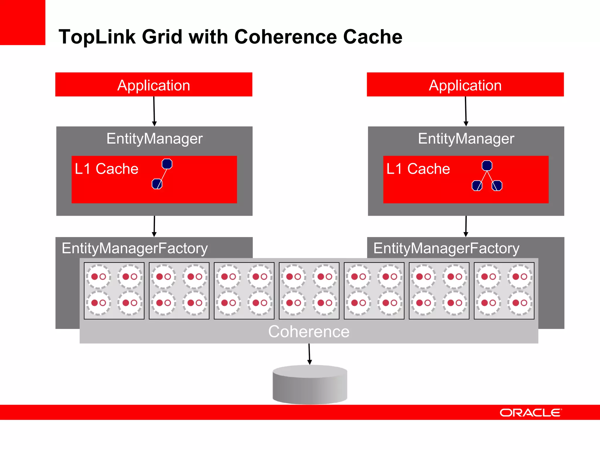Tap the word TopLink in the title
(x=97, y=37)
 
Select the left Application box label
(x=154, y=85)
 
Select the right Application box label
(x=465, y=85)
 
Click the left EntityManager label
(x=154, y=139)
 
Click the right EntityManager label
(x=466, y=139)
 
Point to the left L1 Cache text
(x=106, y=169)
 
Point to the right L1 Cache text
(x=418, y=169)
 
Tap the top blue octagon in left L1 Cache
(x=167, y=164)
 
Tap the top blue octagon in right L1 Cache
(x=487, y=166)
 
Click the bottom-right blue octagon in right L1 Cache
(x=497, y=185)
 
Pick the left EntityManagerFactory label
(x=135, y=248)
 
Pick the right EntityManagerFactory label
(x=446, y=248)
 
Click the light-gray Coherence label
(x=309, y=332)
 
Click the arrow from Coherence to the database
(x=309, y=354)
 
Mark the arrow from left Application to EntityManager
(x=154, y=111)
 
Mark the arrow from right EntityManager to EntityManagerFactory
(x=466, y=226)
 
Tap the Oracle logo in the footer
(x=531, y=412)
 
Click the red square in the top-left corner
(x=22, y=22)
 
